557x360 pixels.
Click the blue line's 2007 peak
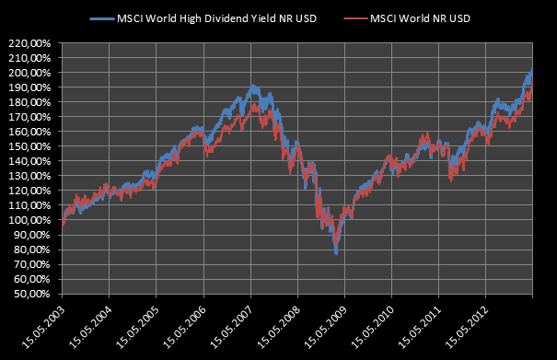[252, 86]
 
